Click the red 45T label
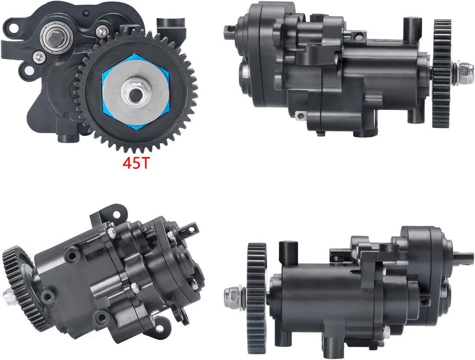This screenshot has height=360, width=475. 136,163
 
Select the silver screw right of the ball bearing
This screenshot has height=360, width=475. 102,31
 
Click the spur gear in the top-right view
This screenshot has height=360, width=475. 442,73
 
